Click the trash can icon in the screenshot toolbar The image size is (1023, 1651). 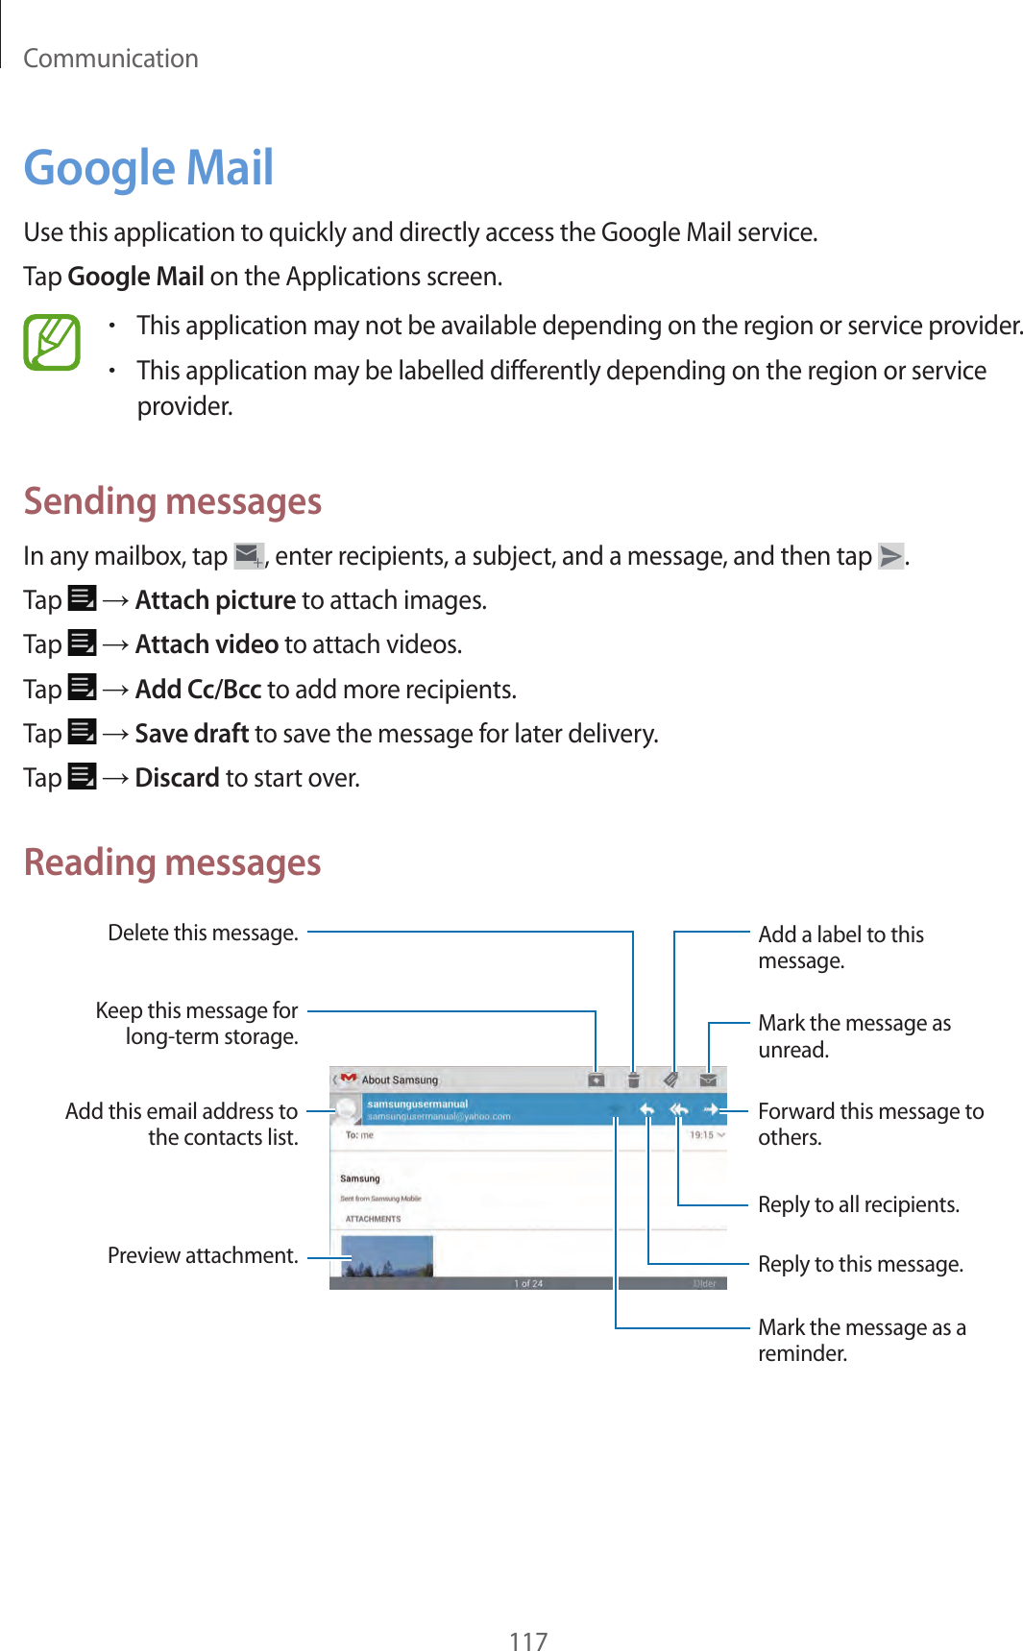click(633, 1080)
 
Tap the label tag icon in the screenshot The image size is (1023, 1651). click(671, 1080)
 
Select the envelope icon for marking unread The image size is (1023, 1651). click(708, 1080)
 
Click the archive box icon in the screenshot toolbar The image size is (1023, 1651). click(596, 1080)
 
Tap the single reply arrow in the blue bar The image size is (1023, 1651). click(647, 1110)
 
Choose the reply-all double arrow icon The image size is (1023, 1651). click(679, 1110)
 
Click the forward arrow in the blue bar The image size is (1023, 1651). click(711, 1110)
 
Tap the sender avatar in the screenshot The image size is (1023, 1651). click(347, 1111)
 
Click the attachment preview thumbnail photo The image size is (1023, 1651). click(387, 1256)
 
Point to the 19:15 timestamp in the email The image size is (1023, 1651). click(702, 1135)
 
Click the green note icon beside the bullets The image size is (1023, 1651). click(52, 343)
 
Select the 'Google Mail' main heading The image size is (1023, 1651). click(149, 168)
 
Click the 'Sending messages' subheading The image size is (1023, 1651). click(173, 501)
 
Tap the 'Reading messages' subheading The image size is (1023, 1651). click(173, 862)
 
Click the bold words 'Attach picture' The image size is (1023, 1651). click(215, 600)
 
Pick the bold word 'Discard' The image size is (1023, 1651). click(177, 778)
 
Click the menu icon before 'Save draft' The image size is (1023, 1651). click(83, 733)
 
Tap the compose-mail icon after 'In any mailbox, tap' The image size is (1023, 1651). click(249, 555)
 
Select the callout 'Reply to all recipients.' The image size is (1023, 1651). click(859, 1204)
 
